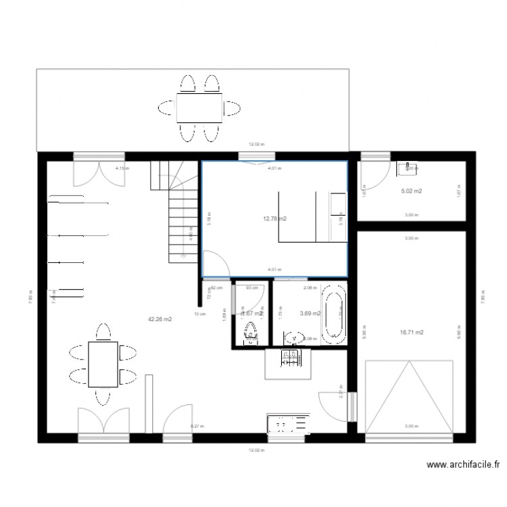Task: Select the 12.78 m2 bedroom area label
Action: (x=274, y=218)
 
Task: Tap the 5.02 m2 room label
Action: (x=411, y=191)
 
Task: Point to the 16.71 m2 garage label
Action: (x=411, y=332)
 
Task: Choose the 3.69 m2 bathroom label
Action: (x=309, y=313)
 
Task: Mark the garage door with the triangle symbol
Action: (x=408, y=397)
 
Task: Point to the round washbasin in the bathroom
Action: (x=293, y=337)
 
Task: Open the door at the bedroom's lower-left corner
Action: (x=215, y=263)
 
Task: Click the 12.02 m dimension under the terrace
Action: (x=256, y=143)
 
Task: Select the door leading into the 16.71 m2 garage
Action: (x=335, y=406)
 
